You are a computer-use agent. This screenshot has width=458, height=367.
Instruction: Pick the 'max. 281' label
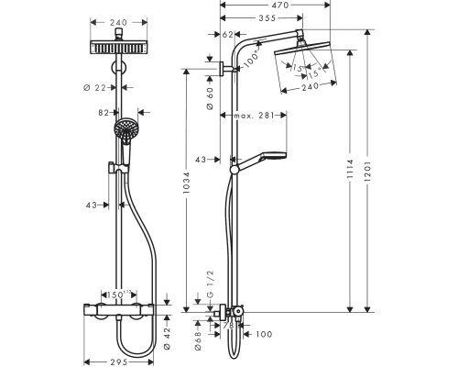click(x=265, y=115)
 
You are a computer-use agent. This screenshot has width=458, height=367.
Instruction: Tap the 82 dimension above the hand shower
click(x=104, y=111)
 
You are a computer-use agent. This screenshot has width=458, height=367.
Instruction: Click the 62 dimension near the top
click(x=229, y=34)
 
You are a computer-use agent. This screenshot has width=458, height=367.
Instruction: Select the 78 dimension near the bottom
click(x=229, y=326)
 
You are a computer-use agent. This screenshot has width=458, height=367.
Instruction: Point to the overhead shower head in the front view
click(x=125, y=48)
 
